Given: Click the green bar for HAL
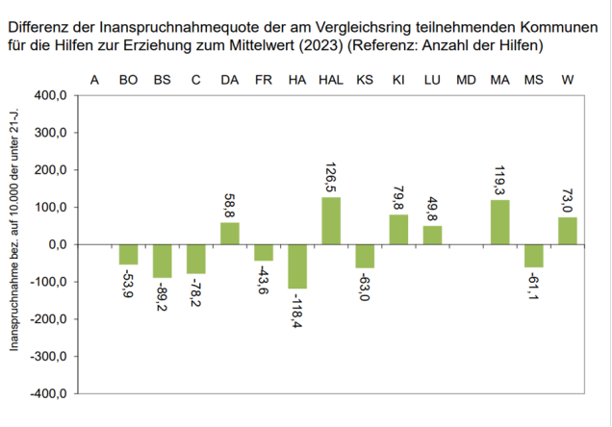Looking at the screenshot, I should click(x=330, y=220).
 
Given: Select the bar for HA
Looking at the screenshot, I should click(x=296, y=266).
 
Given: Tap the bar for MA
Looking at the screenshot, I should click(x=499, y=222).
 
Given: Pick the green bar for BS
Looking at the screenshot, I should click(x=162, y=261).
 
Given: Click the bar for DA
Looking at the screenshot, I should click(x=229, y=234).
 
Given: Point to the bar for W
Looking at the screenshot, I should click(x=567, y=231).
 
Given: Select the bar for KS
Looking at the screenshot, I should click(x=364, y=256).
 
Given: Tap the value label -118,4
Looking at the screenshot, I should click(x=296, y=311).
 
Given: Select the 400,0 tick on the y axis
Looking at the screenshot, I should click(x=49, y=96).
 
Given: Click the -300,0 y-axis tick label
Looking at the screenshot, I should click(x=47, y=357).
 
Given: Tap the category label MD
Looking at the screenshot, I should click(x=466, y=79).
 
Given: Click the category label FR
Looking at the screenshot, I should click(x=263, y=79).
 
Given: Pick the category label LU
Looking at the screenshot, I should click(x=432, y=79).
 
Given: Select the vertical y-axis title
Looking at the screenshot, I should click(x=15, y=245).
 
